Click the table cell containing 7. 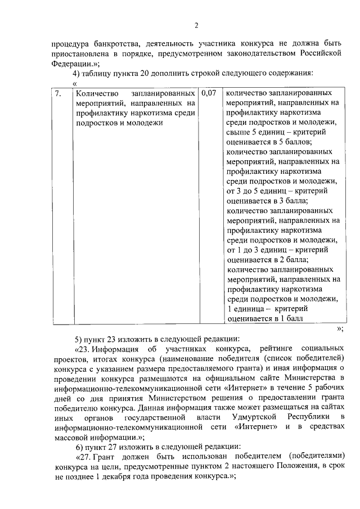tap(59, 94)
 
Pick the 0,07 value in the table tap(208, 93)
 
